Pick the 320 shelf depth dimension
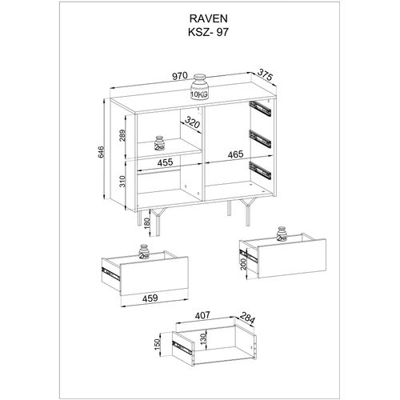click(190, 124)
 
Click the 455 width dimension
click(165, 162)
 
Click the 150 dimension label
click(158, 346)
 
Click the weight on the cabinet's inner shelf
click(159, 144)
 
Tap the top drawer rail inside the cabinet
click(259, 105)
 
